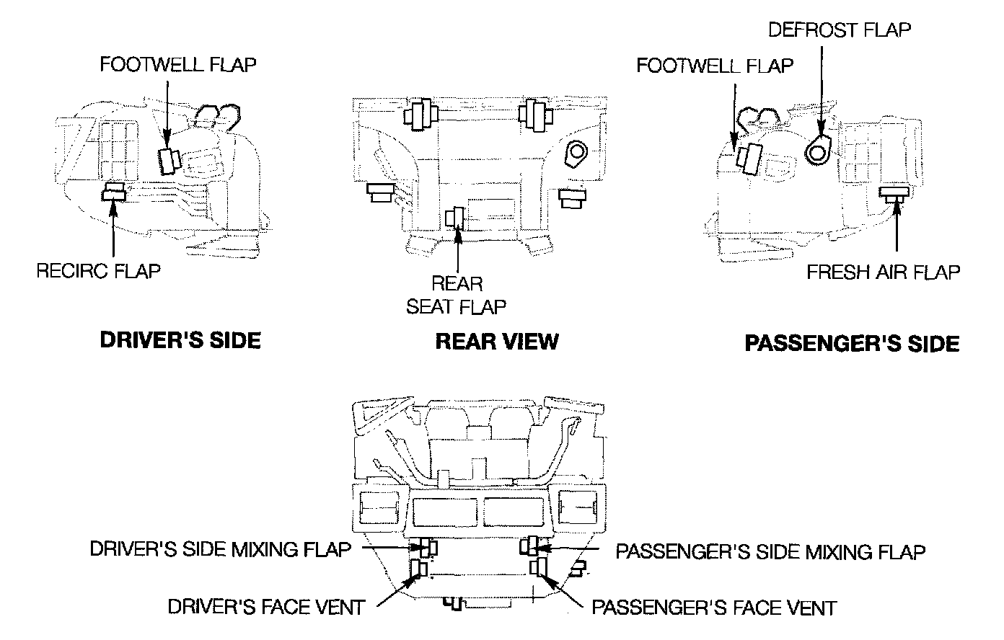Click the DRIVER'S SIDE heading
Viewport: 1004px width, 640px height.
[180, 340]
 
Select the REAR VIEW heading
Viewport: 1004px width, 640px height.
[497, 341]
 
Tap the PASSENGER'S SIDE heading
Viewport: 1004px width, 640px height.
[851, 343]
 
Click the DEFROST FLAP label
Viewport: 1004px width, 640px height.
[839, 30]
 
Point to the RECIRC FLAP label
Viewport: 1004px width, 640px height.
[98, 271]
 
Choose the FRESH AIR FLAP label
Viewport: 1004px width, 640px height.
[884, 272]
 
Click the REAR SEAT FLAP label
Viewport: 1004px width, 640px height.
[457, 295]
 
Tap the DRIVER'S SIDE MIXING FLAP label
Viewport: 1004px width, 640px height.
[220, 549]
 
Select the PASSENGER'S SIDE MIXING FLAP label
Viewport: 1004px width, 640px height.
[770, 552]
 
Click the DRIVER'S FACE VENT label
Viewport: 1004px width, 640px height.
[265, 607]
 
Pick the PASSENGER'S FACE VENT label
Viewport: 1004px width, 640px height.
[714, 608]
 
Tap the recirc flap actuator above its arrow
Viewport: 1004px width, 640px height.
[115, 192]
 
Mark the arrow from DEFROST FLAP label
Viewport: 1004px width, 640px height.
[819, 90]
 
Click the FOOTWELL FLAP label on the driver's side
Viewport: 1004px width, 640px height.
[177, 64]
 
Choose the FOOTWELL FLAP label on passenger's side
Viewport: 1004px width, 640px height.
[714, 66]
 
